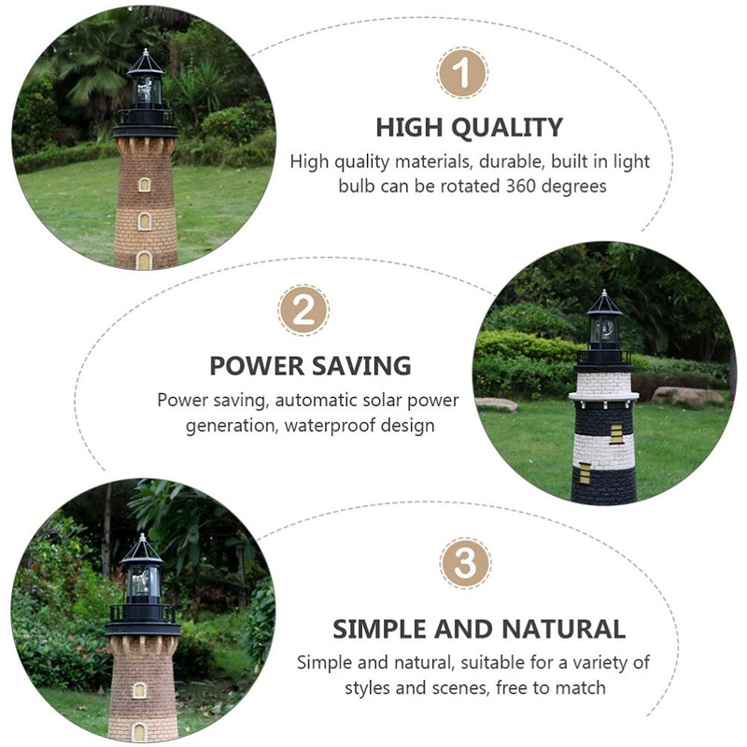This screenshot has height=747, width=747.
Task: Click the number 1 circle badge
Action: [x=462, y=74]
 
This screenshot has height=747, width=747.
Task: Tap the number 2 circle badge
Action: [x=303, y=311]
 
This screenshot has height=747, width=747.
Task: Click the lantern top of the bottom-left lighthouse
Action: [x=142, y=570]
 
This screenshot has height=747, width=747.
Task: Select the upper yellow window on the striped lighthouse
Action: [x=615, y=433]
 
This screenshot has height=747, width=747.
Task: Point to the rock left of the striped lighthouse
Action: [x=496, y=403]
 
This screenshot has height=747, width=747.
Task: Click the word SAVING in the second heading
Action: [x=362, y=365]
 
